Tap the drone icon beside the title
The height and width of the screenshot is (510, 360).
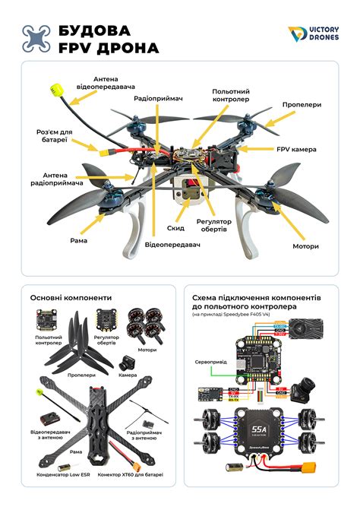[x=36, y=39]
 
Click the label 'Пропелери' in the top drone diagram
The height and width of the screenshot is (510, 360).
[x=300, y=105]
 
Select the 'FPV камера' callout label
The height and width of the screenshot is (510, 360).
[x=295, y=150]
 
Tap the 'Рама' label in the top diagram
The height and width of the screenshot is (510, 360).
[x=78, y=240]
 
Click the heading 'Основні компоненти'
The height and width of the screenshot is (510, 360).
[x=71, y=298]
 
